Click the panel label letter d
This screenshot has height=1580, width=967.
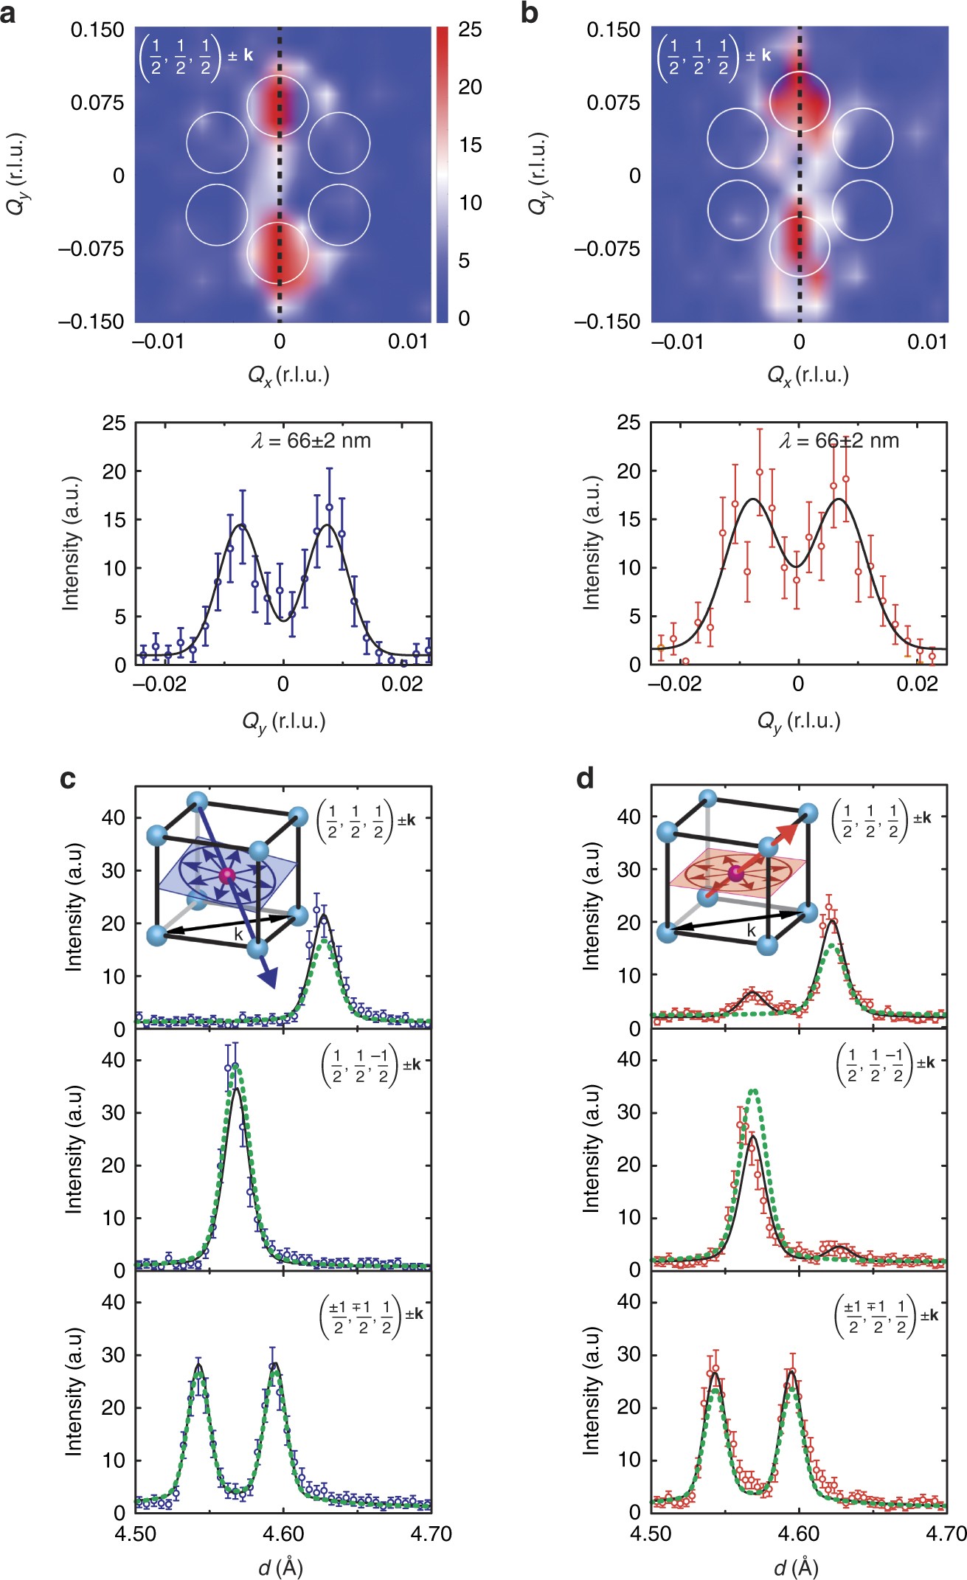[x=586, y=779]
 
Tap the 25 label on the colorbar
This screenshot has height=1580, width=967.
[x=470, y=30]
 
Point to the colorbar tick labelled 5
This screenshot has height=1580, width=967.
[x=464, y=260]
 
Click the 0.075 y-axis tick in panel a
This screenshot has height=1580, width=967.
[x=97, y=102]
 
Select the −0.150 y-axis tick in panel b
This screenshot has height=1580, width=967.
[x=607, y=322]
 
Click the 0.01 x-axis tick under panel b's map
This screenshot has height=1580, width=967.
[x=927, y=342]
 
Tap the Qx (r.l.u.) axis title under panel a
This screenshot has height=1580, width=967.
[x=288, y=375]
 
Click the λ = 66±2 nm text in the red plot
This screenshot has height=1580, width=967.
[x=839, y=441]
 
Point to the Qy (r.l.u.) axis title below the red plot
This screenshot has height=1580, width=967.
[x=799, y=721]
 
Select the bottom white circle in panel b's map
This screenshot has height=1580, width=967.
[x=799, y=246]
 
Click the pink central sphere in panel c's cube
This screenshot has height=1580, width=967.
[x=226, y=875]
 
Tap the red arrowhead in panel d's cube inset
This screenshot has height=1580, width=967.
[x=788, y=831]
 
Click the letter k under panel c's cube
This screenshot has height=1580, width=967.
[x=238, y=934]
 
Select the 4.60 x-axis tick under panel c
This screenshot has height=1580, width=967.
[x=283, y=1534]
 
